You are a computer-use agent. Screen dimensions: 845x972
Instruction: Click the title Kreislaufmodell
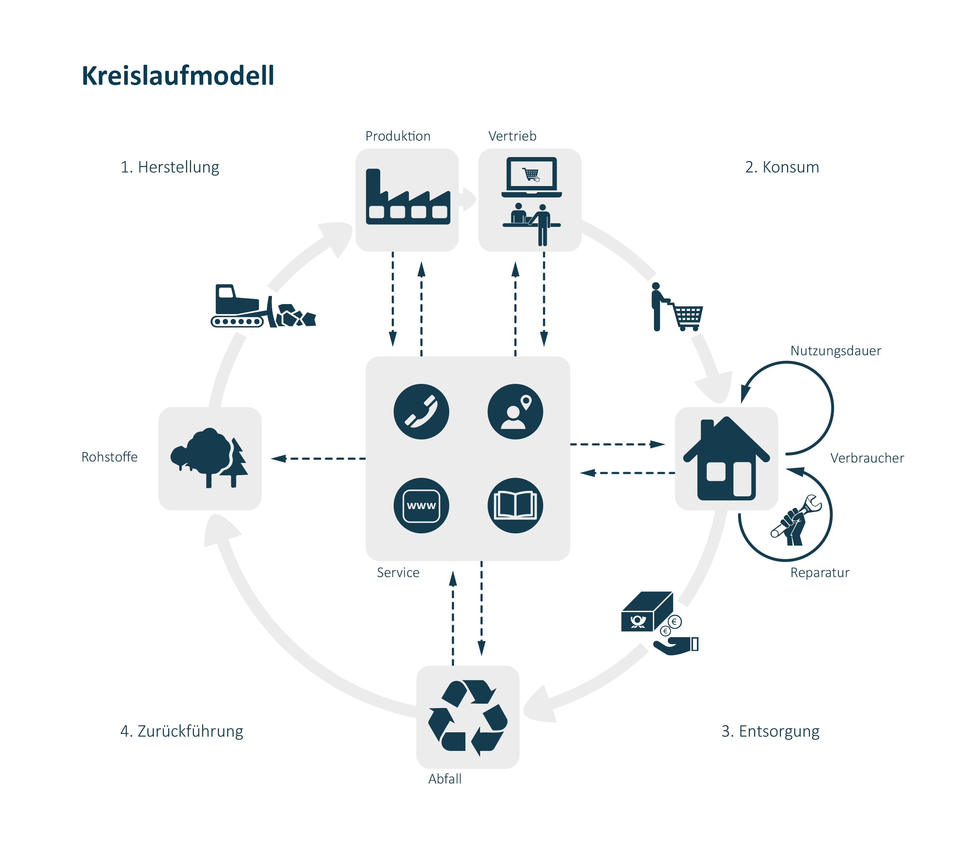178,75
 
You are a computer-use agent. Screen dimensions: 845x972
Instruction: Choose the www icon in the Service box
421,505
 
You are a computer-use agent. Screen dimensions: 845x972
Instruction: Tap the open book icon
515,505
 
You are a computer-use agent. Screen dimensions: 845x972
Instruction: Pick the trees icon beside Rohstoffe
209,458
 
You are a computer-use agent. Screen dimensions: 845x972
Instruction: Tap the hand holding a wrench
795,521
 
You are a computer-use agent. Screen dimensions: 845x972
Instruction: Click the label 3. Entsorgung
770,731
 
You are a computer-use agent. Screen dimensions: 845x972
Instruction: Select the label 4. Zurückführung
182,731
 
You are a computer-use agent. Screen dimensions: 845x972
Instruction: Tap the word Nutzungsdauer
835,351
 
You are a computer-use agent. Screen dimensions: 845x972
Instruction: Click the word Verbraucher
867,458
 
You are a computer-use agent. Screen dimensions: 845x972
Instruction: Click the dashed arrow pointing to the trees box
318,458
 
